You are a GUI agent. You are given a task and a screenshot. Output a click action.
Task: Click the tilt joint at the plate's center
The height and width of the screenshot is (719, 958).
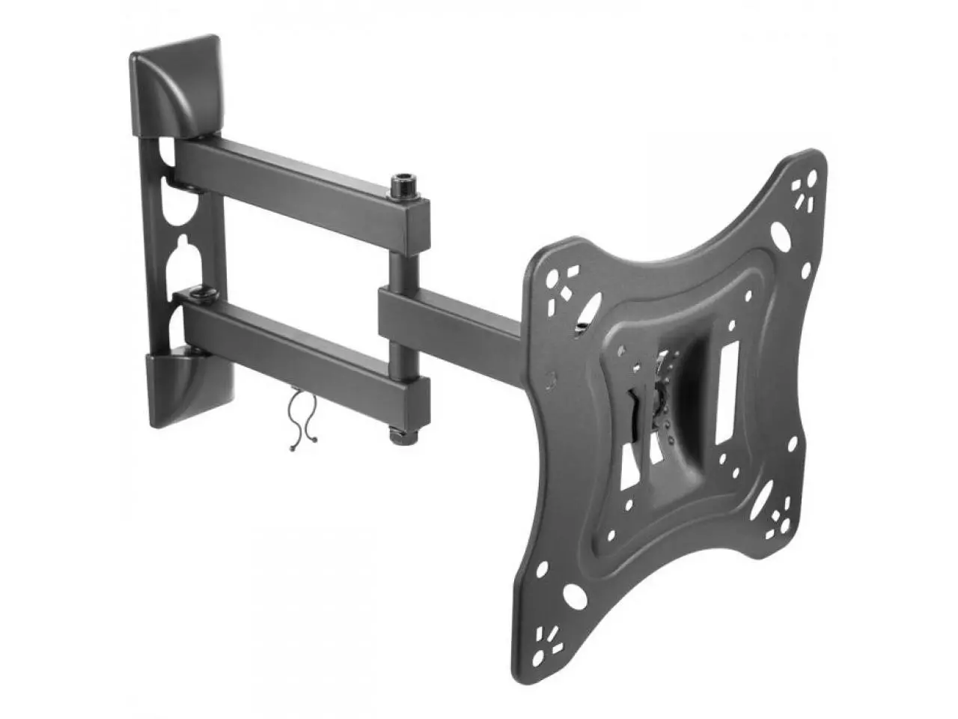click(x=659, y=397)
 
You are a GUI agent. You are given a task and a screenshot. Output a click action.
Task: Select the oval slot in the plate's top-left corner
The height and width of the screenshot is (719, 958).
click(x=591, y=308)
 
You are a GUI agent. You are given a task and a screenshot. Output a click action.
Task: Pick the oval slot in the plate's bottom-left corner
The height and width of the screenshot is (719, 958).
click(x=576, y=600)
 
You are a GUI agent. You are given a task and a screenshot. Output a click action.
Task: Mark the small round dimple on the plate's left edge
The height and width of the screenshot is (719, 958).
click(x=552, y=378)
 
